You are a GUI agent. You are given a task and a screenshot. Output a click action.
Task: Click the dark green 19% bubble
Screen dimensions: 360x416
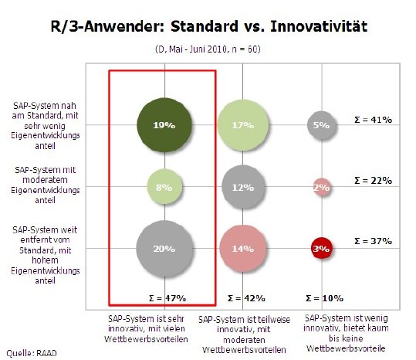pos(163,124)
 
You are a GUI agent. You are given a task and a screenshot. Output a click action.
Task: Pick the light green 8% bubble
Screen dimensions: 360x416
pos(163,186)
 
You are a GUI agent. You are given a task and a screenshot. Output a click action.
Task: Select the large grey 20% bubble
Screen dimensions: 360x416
pos(163,249)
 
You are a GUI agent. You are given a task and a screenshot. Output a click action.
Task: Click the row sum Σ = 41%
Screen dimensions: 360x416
pos(374,120)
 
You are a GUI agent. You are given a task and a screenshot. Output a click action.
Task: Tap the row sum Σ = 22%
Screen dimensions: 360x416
pos(374,180)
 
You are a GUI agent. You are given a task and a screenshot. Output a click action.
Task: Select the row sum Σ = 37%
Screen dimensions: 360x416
pos(374,242)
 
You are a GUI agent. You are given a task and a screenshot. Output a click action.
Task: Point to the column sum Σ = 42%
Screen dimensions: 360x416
pos(245,297)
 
